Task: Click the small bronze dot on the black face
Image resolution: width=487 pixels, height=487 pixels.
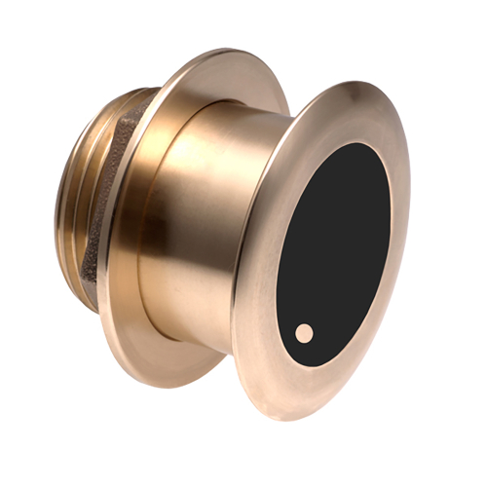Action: [x=305, y=333]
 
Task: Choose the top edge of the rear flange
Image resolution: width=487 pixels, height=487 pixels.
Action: [x=234, y=49]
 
